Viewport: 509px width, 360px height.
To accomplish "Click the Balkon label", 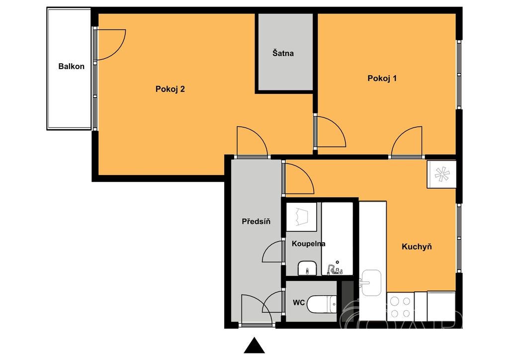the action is point(71,66).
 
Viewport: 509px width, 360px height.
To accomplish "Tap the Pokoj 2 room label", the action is point(170,89).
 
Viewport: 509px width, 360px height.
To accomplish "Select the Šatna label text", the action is point(283,53).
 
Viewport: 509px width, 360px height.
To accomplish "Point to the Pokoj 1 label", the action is point(382,78).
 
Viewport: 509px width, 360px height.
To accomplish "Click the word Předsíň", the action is point(256,221).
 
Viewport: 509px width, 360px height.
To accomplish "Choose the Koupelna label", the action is point(308,244).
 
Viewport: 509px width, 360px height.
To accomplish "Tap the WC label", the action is point(299,302).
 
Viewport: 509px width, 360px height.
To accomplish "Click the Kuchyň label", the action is point(417,247).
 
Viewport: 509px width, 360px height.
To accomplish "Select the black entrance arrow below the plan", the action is point(254,346).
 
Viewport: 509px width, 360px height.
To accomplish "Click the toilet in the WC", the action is point(322,304).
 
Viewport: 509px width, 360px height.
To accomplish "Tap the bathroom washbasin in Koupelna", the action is point(307,268).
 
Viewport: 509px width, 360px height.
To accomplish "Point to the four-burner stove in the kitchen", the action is point(401,307).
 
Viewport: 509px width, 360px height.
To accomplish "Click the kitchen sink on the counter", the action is point(371,283).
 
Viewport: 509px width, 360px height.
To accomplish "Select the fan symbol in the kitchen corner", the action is point(442,175).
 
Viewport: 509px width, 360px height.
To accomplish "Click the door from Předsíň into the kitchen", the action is point(299,179).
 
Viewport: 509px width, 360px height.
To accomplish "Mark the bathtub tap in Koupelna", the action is point(335,269).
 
